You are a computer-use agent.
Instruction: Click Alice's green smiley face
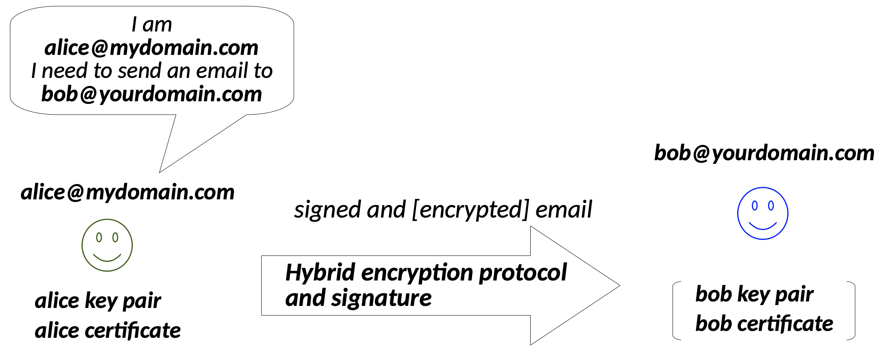pyautogui.click(x=107, y=245)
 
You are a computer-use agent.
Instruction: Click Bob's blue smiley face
pyautogui.click(x=762, y=213)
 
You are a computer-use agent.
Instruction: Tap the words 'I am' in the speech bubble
pyautogui.click(x=152, y=25)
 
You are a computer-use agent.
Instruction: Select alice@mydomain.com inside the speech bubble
pyautogui.click(x=151, y=48)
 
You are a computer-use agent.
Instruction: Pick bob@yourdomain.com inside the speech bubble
pyautogui.click(x=151, y=94)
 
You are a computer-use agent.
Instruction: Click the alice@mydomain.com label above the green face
pyautogui.click(x=128, y=192)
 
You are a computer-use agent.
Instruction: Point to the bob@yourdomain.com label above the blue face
pyautogui.click(x=764, y=153)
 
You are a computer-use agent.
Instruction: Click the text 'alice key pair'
pyautogui.click(x=98, y=301)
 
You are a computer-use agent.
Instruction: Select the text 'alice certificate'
pyautogui.click(x=107, y=331)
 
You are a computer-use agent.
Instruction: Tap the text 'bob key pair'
pyautogui.click(x=754, y=294)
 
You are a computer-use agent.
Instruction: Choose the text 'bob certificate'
pyautogui.click(x=764, y=324)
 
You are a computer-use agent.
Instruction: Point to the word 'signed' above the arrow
pyautogui.click(x=327, y=210)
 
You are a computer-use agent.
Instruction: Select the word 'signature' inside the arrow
pyautogui.click(x=381, y=298)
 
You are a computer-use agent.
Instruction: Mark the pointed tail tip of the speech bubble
pyautogui.click(x=160, y=172)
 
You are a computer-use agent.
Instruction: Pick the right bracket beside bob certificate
pyautogui.click(x=853, y=311)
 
